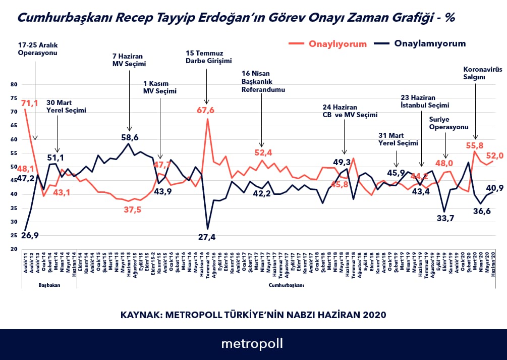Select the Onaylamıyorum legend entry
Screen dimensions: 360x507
pyautogui.click(x=430, y=43)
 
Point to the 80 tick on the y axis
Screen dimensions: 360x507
pyautogui.click(x=13, y=85)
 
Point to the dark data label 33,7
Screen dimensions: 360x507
pyautogui.click(x=444, y=218)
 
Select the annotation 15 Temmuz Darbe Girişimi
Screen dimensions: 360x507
pyautogui.click(x=208, y=57)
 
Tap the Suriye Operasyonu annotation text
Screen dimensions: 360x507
pyautogui.click(x=448, y=123)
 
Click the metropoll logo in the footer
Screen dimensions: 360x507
pyautogui.click(x=252, y=344)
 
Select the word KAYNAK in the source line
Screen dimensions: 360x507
pyautogui.click(x=138, y=315)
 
